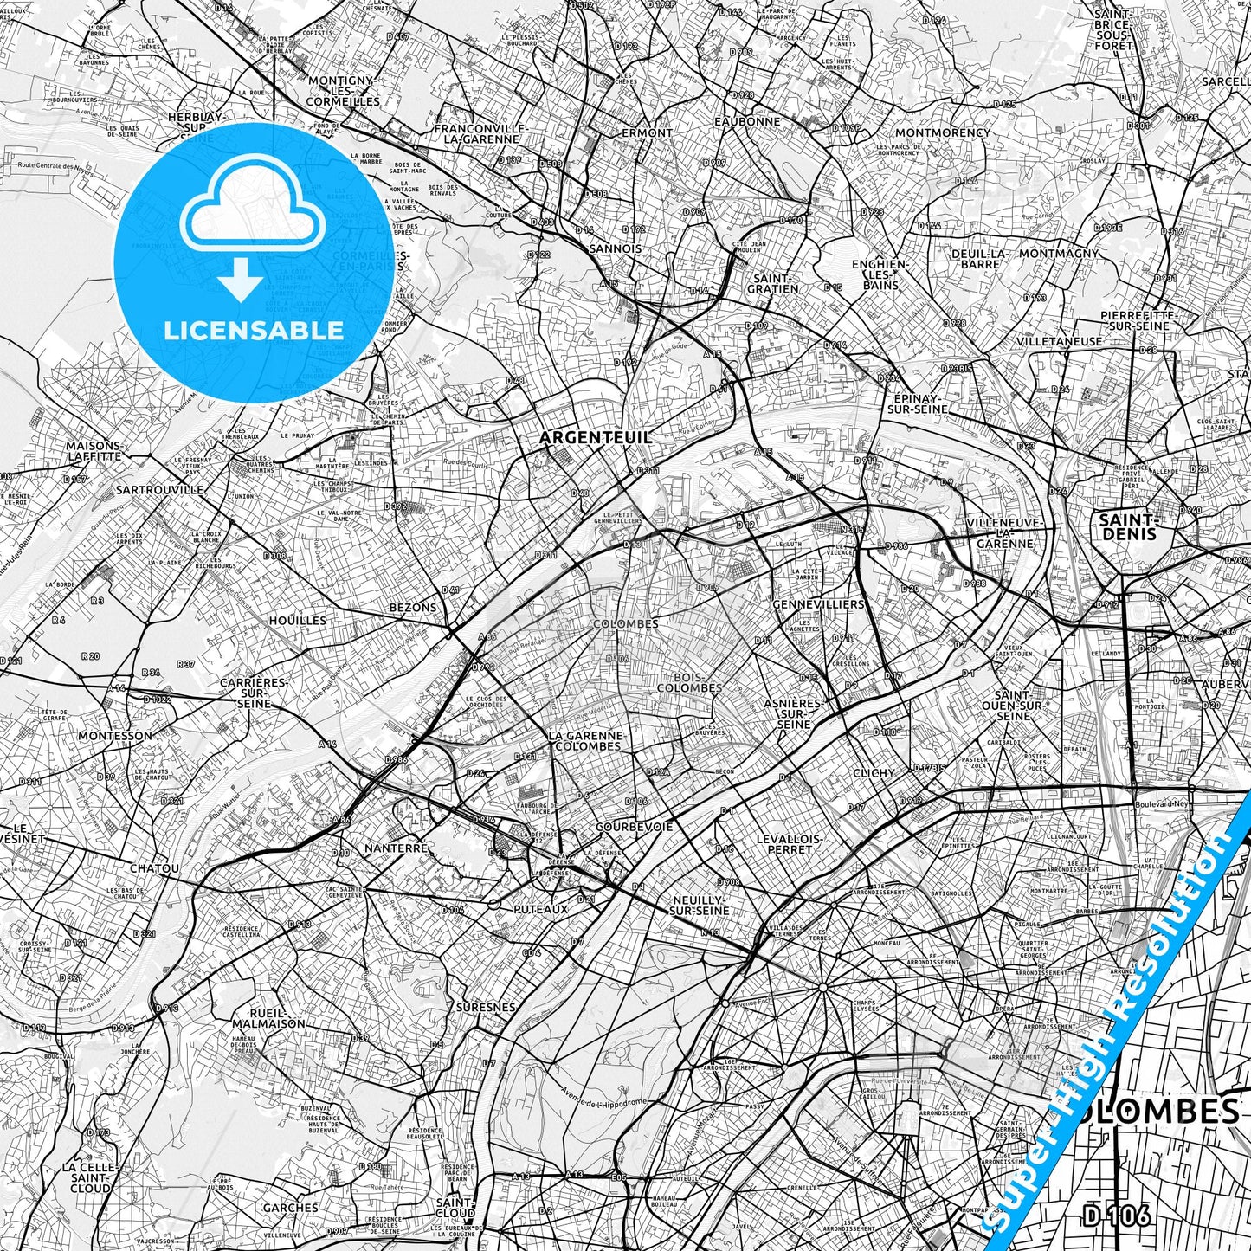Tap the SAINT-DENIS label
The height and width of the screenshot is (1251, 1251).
tap(1126, 526)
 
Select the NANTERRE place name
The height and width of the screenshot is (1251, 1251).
tap(397, 848)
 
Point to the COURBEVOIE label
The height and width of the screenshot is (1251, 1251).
tap(635, 827)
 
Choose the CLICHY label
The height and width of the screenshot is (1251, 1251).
tap(874, 773)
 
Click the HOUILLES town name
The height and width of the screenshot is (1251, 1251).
tap(297, 621)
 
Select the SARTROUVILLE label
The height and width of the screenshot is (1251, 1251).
tap(158, 490)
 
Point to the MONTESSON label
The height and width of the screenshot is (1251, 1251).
tap(114, 736)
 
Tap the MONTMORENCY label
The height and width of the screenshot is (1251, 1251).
tap(942, 132)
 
